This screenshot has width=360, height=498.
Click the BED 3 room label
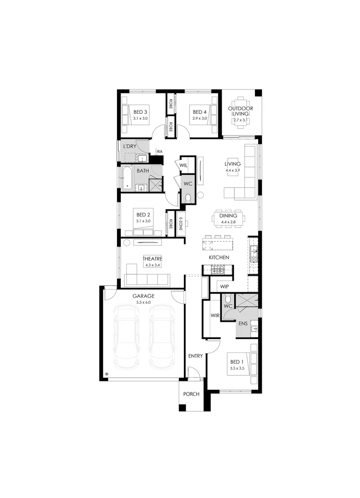140,112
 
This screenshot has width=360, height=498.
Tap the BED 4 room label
199,112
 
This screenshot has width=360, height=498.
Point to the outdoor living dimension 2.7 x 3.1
240,120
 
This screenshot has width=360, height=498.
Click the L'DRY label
129,146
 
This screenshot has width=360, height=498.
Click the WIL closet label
183,165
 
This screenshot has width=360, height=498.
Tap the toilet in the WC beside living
188,198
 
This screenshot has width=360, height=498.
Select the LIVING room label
232,164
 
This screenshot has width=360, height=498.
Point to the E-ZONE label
181,223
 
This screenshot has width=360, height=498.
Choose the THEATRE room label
152,259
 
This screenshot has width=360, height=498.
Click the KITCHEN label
219,257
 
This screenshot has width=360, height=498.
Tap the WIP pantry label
224,286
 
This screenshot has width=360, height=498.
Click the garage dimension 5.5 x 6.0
143,302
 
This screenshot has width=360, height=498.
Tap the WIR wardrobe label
214,316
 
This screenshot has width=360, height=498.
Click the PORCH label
191,394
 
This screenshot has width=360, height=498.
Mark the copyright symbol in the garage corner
106,374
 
